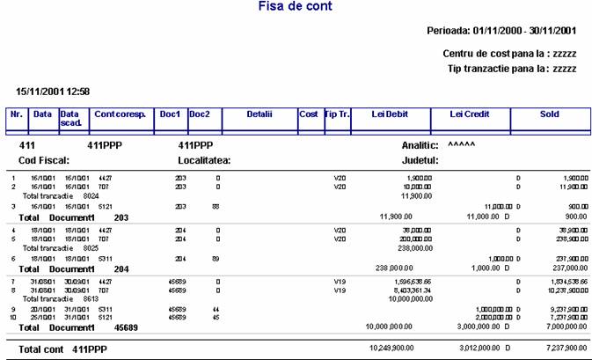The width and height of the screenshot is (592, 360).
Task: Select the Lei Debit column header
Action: tap(391, 114)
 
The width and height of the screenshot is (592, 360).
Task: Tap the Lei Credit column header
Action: tap(469, 114)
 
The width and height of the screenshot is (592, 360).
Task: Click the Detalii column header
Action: tap(259, 114)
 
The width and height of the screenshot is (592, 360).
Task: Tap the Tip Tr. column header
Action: tap(337, 114)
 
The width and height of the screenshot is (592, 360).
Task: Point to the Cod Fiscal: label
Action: tap(44, 161)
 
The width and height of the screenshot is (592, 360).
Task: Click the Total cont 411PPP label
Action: tap(62, 349)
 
